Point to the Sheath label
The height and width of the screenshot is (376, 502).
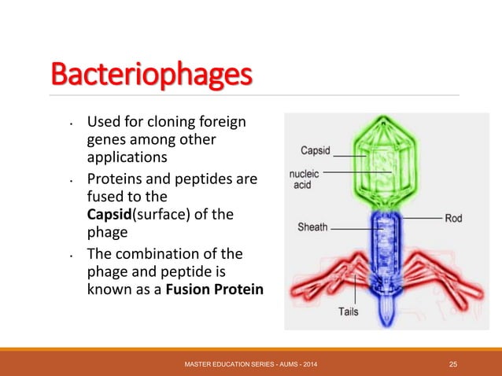[x=312, y=227]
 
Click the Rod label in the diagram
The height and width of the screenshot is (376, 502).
[x=453, y=218]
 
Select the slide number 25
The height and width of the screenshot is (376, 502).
[x=453, y=363]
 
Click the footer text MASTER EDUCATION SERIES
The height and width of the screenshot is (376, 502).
[x=228, y=363]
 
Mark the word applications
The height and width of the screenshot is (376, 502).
[x=125, y=157]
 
